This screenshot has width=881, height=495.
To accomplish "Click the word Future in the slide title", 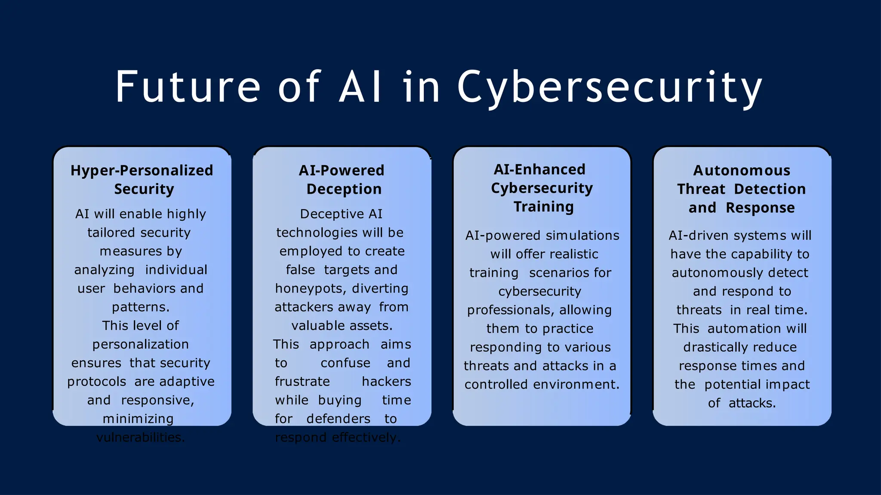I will (x=188, y=87).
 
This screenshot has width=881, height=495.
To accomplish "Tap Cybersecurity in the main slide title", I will (x=609, y=88).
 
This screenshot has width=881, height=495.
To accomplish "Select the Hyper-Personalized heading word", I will (x=142, y=171).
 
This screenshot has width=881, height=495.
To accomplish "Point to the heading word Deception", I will (x=344, y=189).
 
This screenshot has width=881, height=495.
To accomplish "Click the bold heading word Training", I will (x=543, y=207).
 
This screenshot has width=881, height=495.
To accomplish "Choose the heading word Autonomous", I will (x=742, y=171).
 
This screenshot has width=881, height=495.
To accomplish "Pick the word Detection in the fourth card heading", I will (x=770, y=189).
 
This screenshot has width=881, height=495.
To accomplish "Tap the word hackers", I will (x=386, y=382).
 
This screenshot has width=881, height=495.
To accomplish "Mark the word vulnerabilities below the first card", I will (x=140, y=437).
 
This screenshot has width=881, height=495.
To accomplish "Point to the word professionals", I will (x=506, y=310).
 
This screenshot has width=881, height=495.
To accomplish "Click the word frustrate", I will (x=302, y=382).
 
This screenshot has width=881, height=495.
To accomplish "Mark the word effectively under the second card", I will (x=366, y=437).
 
